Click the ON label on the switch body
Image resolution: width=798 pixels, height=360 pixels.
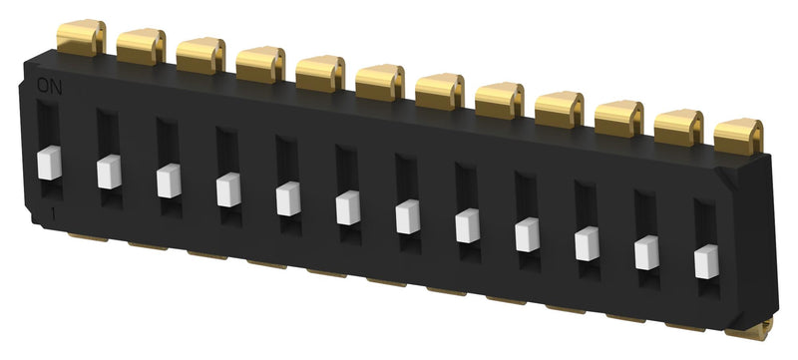pyautogui.click(x=48, y=87)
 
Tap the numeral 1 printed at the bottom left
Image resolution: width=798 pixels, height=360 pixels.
pyautogui.click(x=50, y=215)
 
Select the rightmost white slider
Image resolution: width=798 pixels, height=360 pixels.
pyautogui.click(x=706, y=260)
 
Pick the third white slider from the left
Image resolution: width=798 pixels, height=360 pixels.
pyautogui.click(x=169, y=180)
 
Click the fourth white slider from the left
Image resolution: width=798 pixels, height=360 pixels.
pyautogui.click(x=228, y=189)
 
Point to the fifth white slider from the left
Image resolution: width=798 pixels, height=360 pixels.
pyautogui.click(x=288, y=198)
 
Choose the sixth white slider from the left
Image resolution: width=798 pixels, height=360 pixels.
pyautogui.click(x=348, y=207)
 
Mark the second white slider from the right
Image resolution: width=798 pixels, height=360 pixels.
pyautogui.click(x=647, y=252)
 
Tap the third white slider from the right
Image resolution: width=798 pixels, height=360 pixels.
pyautogui.click(x=588, y=243)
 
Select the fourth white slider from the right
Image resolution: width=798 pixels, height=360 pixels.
pyautogui.click(x=527, y=234)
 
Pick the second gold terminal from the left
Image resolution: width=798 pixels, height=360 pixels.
pyautogui.click(x=141, y=46)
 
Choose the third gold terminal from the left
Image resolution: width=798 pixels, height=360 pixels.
pyautogui.click(x=200, y=55)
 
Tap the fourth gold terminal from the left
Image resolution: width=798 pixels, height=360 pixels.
pyautogui.click(x=260, y=64)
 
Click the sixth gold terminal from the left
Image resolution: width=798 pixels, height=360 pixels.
pyautogui.click(x=380, y=82)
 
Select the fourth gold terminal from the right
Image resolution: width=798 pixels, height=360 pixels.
pyautogui.click(x=559, y=109)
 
